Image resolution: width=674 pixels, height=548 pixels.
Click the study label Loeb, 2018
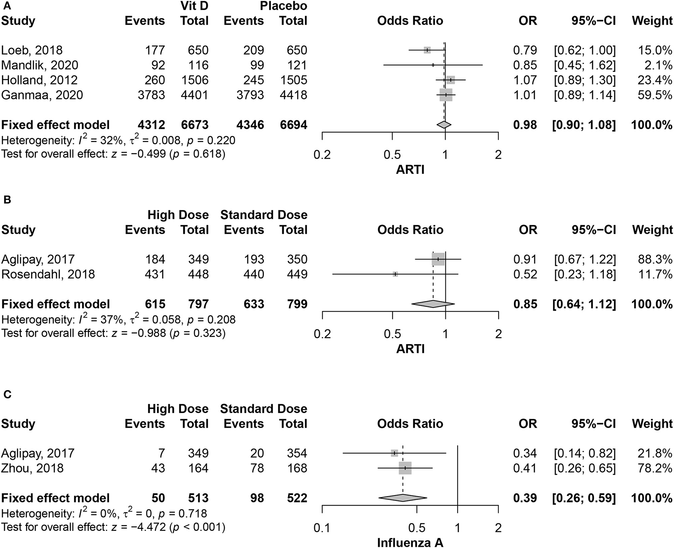pos(32,50)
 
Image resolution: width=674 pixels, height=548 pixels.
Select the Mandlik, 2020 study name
pos(40,65)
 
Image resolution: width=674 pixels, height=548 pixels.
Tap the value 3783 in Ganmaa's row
pos(151,95)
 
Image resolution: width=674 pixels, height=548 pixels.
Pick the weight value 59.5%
pos(652,95)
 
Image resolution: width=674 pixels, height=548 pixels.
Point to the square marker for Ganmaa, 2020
pos(446,95)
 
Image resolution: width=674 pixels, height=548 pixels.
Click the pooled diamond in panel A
pos(444,124)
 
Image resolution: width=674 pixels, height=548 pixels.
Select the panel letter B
pos(7,200)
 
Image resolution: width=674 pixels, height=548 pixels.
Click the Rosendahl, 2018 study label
pos(48,274)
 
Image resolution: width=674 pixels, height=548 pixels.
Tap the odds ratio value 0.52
pos(525,274)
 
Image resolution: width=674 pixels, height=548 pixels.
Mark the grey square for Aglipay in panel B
pos(438,259)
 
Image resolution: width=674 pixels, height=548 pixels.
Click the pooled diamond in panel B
pos(433,304)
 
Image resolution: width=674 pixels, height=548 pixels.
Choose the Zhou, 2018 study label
pos(32,468)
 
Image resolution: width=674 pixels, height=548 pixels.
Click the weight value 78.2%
pos(652,468)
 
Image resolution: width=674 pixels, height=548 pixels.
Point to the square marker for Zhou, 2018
pos(405,468)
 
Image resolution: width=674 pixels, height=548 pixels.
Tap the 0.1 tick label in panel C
pos(322,528)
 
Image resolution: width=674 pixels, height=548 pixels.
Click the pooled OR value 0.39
pos(525,498)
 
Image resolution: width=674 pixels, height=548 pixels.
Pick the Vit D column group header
pos(194,6)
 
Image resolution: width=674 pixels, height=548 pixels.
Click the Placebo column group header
pos(283,6)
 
